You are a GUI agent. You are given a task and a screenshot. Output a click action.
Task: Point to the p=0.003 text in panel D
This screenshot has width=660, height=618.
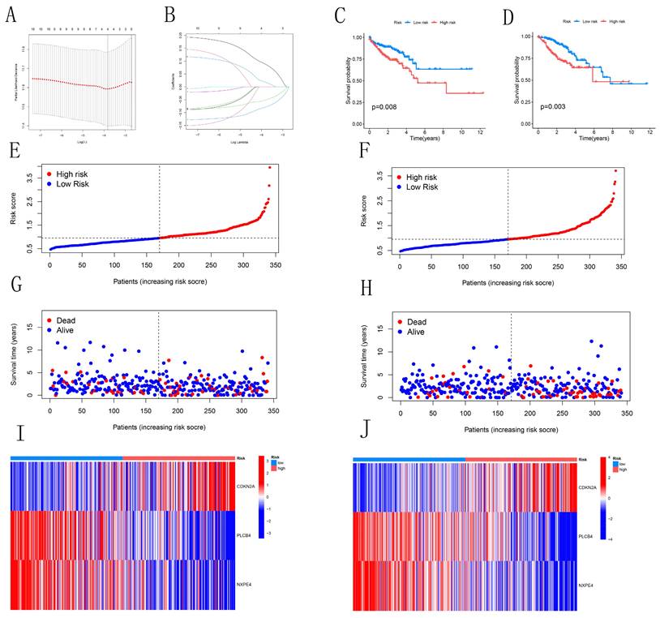553,105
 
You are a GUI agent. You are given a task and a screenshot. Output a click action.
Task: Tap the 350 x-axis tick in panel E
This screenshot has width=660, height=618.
276,264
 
